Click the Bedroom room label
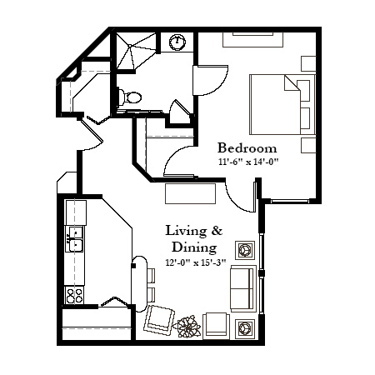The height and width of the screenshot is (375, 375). [x=247, y=147]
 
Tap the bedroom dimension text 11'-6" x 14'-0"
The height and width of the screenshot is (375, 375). [x=248, y=162]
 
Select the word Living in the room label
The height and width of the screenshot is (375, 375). [x=186, y=231]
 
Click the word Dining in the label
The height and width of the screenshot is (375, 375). [x=194, y=247]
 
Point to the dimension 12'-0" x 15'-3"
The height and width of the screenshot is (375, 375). [x=196, y=262]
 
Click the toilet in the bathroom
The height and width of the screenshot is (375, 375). [x=130, y=97]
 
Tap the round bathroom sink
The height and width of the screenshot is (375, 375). [x=177, y=42]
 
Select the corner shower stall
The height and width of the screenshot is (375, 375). [x=136, y=51]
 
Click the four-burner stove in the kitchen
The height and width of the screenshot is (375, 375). [x=74, y=295]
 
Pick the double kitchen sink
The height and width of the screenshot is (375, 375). [x=74, y=239]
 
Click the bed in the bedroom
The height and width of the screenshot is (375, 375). [x=282, y=104]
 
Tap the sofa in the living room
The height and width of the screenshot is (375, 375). [x=243, y=288]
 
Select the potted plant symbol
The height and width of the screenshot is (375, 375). [x=188, y=327]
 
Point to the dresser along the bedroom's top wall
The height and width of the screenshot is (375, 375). [x=252, y=40]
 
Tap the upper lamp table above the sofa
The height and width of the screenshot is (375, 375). [x=245, y=250]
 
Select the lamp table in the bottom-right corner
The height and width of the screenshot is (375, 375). [x=245, y=329]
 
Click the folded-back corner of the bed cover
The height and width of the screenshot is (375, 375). [x=291, y=83]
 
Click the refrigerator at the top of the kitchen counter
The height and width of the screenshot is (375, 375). [x=76, y=212]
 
